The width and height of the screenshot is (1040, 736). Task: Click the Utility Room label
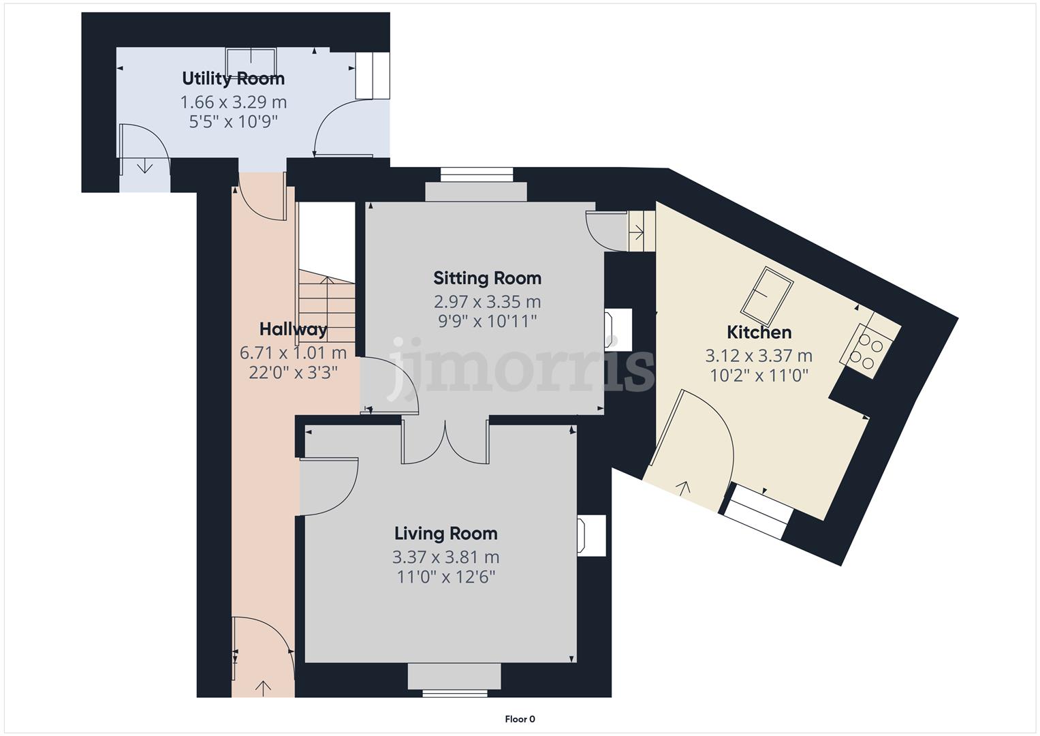(233, 78)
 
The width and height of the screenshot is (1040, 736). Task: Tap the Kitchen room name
(759, 333)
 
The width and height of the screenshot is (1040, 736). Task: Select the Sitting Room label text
(488, 278)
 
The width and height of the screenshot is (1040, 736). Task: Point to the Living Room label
(445, 534)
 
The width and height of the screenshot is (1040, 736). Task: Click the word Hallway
(294, 329)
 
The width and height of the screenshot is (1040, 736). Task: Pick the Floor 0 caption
(520, 719)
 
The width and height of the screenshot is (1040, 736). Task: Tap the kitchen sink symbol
(766, 296)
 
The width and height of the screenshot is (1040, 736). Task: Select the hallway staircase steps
(327, 307)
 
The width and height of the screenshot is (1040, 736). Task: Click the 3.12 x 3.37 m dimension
(759, 356)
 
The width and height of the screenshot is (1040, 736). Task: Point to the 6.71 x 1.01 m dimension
(294, 353)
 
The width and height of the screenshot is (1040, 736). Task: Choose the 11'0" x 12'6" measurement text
(445, 577)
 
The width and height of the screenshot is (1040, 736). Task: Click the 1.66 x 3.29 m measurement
(233, 102)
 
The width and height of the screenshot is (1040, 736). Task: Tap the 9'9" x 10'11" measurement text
(488, 321)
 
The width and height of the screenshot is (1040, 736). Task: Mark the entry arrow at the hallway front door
(264, 688)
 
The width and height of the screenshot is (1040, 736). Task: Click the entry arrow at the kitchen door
(682, 489)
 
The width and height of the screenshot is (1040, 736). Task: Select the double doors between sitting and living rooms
(445, 442)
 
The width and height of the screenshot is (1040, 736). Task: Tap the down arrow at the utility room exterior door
(145, 166)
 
